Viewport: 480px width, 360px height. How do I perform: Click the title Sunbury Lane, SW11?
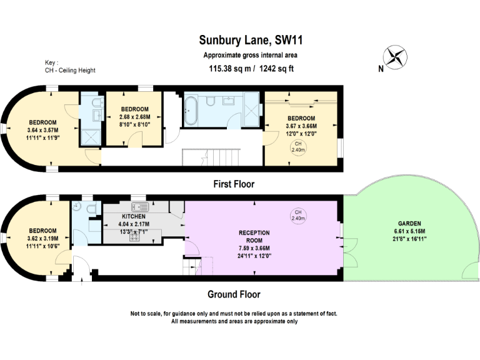[x=251, y=40]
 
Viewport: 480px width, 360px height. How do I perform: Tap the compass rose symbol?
[x=395, y=57]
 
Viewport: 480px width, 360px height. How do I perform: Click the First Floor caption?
[x=234, y=184]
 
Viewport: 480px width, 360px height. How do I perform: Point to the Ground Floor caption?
[x=234, y=294]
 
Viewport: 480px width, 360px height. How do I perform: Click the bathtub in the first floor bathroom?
[x=191, y=111]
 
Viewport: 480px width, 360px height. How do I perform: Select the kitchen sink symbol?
[x=140, y=207]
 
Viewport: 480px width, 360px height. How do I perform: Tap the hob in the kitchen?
[x=134, y=236]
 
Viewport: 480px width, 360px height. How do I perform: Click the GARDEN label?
[x=409, y=224]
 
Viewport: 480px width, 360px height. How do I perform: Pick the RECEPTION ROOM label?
[x=254, y=236]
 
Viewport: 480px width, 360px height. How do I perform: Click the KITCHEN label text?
[x=134, y=216]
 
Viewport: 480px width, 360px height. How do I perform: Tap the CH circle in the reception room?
[x=298, y=215]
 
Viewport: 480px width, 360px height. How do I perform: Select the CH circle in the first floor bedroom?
[x=298, y=147]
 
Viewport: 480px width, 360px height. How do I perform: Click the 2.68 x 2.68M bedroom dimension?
[x=135, y=117]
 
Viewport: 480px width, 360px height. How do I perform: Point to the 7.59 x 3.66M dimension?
[x=254, y=248]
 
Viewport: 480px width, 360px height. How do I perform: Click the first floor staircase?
[x=211, y=157]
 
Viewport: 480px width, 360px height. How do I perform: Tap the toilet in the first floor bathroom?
[x=210, y=101]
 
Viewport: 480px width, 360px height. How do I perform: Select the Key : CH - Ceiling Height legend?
[x=70, y=66]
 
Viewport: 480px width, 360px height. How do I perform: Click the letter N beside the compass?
[x=381, y=69]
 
